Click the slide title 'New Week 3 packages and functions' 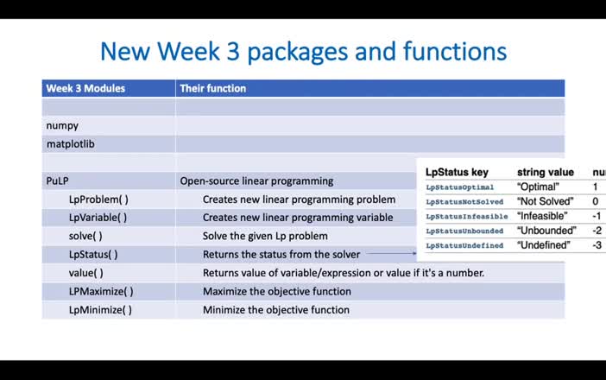[303, 51]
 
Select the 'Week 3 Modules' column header [85, 88]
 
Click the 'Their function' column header [212, 88]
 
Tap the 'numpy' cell [62, 125]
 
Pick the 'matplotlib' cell [70, 144]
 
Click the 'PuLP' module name [57, 181]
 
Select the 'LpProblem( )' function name [98, 199]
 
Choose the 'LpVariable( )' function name [98, 218]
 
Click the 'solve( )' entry [85, 236]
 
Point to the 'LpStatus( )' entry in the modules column [93, 255]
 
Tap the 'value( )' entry [86, 273]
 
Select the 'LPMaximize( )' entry [101, 291]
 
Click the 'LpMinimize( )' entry [100, 310]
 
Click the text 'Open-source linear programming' [256, 181]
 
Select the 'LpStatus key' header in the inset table [457, 173]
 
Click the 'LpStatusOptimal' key [460, 187]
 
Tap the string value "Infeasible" [542, 216]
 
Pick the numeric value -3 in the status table [597, 245]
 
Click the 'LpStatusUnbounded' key [464, 231]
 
